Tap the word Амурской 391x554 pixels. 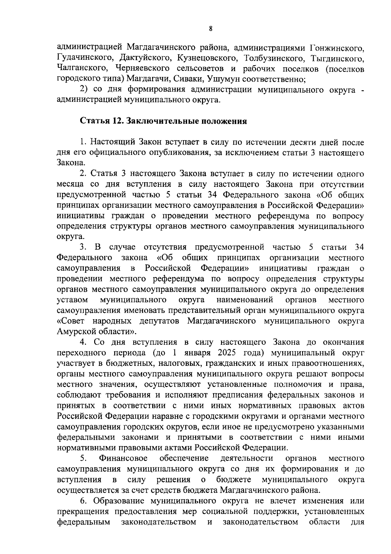(x=76, y=332)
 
